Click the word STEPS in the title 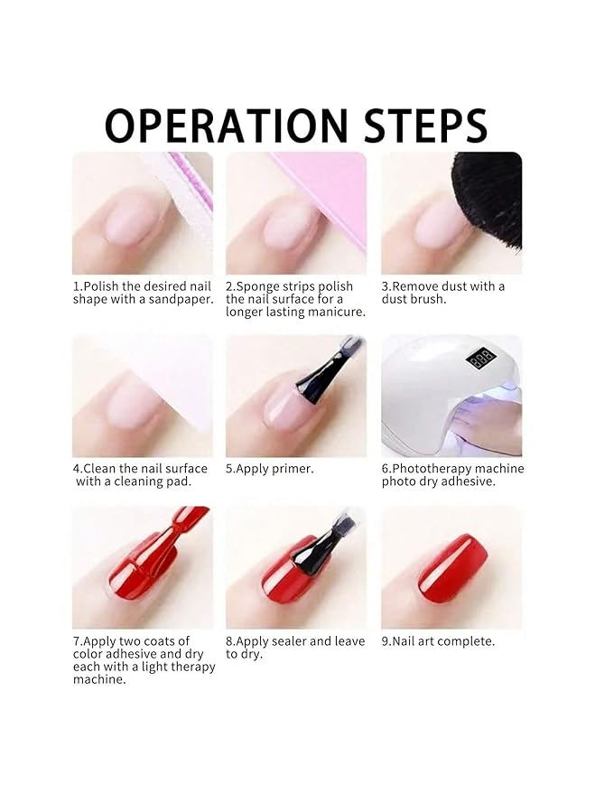414,126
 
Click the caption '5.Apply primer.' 270,469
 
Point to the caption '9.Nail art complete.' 438,641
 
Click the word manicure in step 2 336,312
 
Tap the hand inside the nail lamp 492,425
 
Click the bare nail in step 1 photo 135,217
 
